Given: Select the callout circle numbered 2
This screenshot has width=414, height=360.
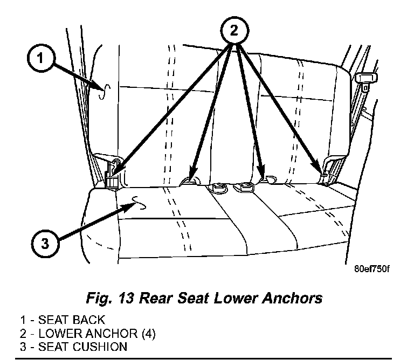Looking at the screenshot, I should pyautogui.click(x=233, y=30).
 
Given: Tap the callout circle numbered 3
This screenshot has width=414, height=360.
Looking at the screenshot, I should pyautogui.click(x=45, y=244).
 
